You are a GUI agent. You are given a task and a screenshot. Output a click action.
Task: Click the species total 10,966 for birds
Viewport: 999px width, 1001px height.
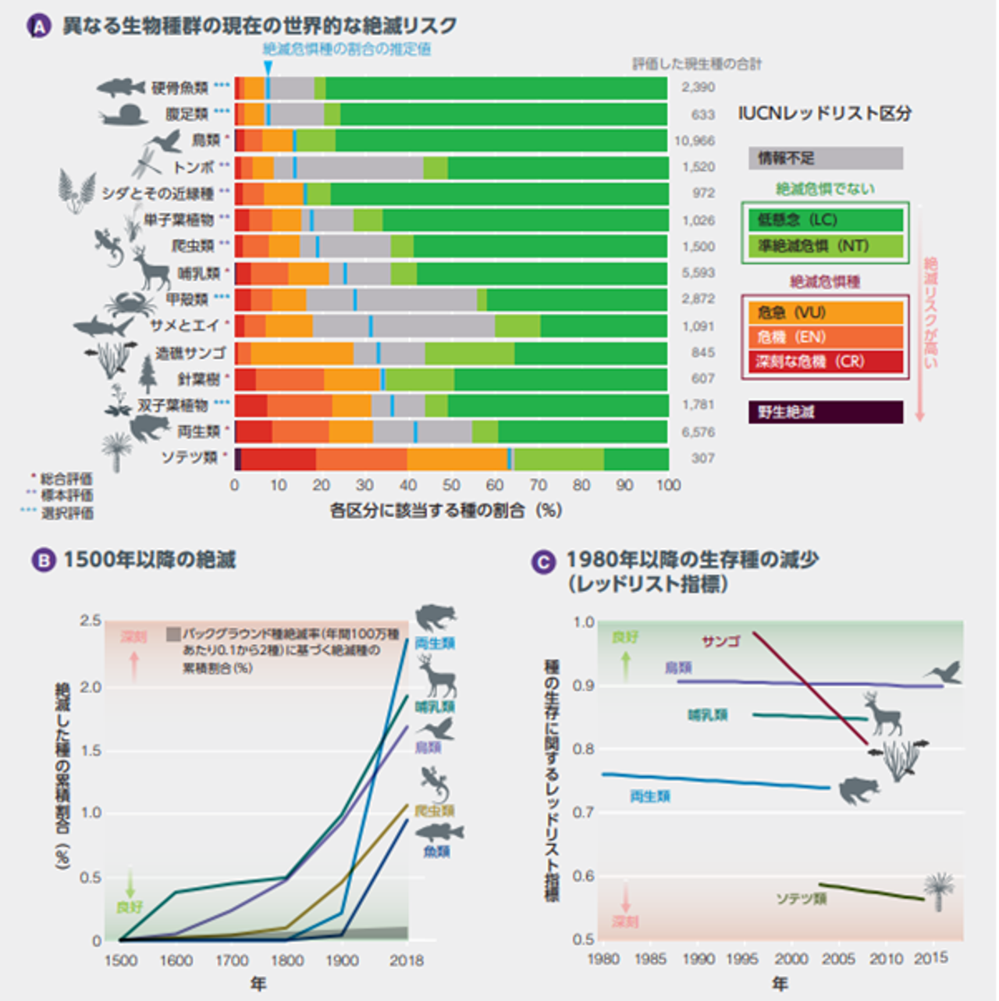pos(694,141)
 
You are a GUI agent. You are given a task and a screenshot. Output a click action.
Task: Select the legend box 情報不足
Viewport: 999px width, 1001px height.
pos(825,159)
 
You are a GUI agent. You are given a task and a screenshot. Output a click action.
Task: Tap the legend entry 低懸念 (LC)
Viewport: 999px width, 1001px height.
pos(825,220)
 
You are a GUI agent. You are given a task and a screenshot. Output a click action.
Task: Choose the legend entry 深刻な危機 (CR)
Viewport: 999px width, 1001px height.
pos(825,362)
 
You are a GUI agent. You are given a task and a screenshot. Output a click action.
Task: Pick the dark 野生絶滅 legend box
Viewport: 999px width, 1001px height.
pos(825,412)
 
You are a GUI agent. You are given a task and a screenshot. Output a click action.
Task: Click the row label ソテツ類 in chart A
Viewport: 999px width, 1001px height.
pos(190,458)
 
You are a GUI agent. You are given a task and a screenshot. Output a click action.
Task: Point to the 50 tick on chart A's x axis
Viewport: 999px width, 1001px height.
pos(451,485)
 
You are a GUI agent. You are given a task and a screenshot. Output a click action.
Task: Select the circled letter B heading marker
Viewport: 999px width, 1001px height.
pos(42,561)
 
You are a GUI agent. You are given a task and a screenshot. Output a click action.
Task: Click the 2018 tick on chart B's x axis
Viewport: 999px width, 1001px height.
pos(406,960)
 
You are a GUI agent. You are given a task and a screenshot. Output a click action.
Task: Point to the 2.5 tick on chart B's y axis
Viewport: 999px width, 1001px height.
pos(91,622)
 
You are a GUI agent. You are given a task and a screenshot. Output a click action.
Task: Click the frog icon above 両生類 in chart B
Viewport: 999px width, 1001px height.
pos(435,618)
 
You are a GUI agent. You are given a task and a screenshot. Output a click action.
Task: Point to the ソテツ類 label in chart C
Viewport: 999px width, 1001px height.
pos(801,899)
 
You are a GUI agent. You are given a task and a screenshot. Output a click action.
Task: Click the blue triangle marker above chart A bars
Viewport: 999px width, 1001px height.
pos(268,69)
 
